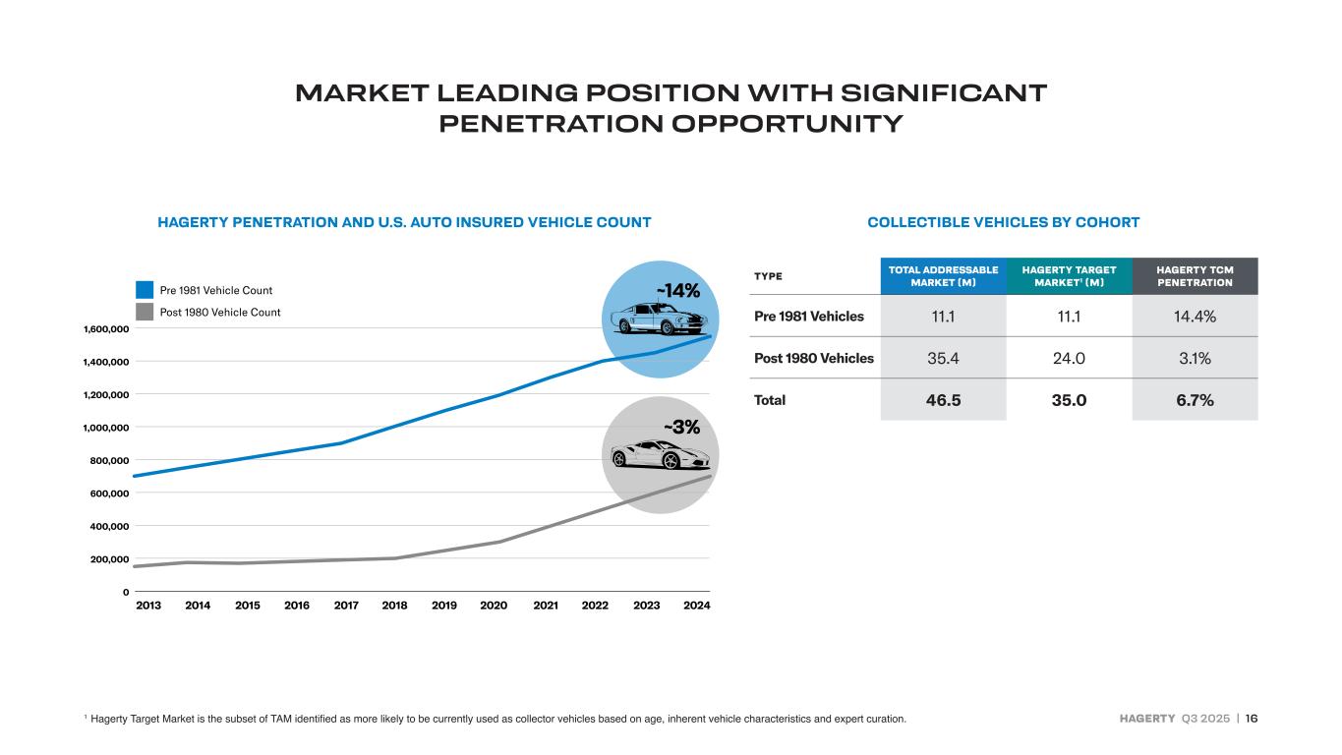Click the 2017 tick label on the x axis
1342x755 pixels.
346,606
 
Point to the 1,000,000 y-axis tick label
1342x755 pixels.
102,428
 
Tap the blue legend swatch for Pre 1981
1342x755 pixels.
145,290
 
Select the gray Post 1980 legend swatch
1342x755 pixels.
145,312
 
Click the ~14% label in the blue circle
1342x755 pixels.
678,291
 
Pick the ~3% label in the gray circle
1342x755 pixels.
681,428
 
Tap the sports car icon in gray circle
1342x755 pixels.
660,455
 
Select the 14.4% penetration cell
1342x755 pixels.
1195,317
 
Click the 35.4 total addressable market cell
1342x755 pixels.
943,358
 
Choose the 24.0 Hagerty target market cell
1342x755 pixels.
1069,358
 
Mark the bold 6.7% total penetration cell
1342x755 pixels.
1195,400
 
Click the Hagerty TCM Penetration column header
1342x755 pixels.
1195,276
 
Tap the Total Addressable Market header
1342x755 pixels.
943,276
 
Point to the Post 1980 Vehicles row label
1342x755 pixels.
813,358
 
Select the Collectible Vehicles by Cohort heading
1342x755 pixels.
1003,222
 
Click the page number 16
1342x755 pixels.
1251,719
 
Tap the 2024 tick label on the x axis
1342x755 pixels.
696,606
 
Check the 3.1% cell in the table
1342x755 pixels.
1195,358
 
